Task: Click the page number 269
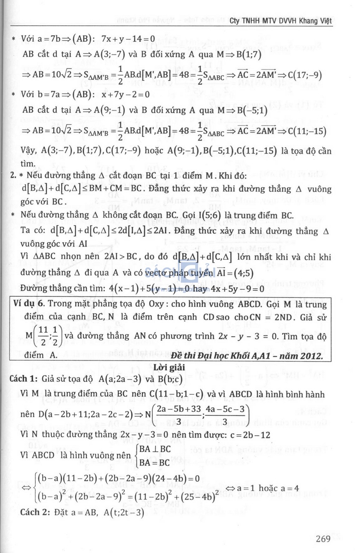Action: [323, 539]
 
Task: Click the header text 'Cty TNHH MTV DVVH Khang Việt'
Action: [281, 21]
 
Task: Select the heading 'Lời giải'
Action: [169, 367]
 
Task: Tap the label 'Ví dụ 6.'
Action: [29, 304]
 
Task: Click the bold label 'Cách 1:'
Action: [23, 379]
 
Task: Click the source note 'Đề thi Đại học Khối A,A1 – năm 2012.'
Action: [247, 356]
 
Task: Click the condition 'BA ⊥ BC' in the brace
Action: [155, 449]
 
